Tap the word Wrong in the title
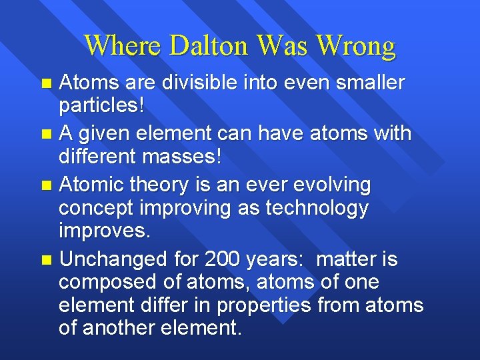356,45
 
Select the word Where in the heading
123,45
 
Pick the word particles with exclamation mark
102,105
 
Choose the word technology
317,208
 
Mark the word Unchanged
119,259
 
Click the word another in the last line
121,329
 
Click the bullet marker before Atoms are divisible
46,84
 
